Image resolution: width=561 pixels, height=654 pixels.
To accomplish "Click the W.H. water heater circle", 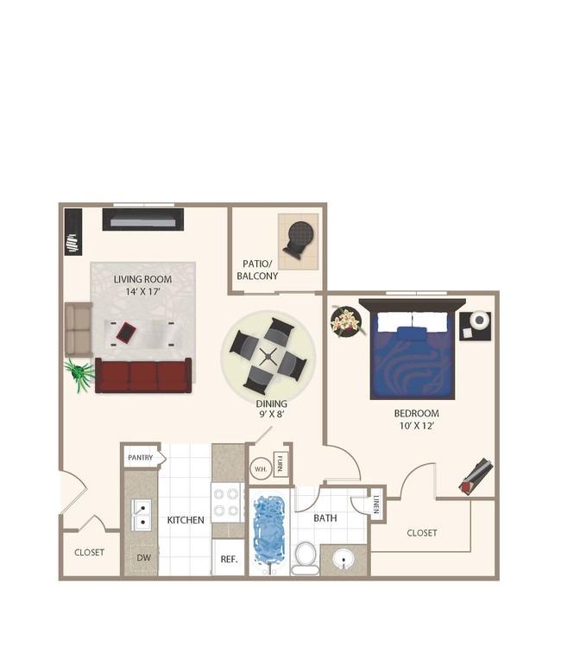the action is coord(261,469).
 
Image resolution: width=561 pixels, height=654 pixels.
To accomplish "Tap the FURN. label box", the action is coord(280,464).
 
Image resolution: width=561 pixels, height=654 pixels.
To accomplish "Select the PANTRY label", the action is coord(141,458).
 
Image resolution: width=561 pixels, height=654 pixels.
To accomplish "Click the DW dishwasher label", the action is coord(144,557).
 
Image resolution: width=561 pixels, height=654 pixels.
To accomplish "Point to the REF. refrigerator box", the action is coord(229,557).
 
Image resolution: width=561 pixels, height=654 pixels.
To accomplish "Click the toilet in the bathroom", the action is coord(306,558).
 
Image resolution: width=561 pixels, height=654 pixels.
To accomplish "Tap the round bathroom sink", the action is coord(344,559).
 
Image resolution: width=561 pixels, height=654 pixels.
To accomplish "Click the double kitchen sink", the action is coord(141,515).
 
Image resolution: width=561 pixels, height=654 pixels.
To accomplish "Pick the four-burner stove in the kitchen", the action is coord(227,503).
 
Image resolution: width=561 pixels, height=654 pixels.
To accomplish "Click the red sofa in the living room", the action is coord(143,376).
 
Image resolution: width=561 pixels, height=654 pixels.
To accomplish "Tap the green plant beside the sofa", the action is coord(79,374).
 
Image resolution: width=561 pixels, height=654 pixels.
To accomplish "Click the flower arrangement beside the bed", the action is coord(346,321).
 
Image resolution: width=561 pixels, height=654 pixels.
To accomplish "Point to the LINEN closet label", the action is coord(376,505).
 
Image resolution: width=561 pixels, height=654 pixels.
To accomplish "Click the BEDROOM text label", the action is coord(416,413).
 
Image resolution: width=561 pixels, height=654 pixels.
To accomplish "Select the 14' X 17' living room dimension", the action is coord(143,291).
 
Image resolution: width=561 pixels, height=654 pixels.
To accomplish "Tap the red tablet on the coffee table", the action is coord(126,332).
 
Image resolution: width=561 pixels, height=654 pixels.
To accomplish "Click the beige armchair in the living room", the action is coord(79,329).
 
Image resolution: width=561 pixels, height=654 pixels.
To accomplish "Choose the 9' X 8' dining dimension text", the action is coord(271,414).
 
